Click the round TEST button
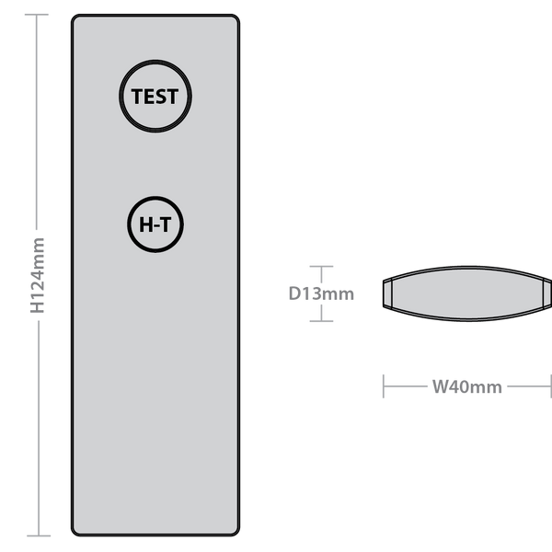pyautogui.click(x=155, y=96)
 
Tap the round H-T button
pyautogui.click(x=155, y=224)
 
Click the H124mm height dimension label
pyautogui.click(x=38, y=275)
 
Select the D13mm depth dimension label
pyautogui.click(x=321, y=293)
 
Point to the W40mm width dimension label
pyautogui.click(x=466, y=386)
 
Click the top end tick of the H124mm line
pyautogui.click(x=37, y=15)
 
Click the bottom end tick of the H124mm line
pyautogui.click(x=39, y=535)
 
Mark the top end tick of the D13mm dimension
pyautogui.click(x=321, y=267)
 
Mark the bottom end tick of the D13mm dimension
pyautogui.click(x=321, y=321)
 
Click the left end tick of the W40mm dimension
pyautogui.click(x=384, y=386)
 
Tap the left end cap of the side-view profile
pyautogui.click(x=387, y=293)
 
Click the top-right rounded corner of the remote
pyautogui.click(x=236, y=19)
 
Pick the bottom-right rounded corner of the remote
pyautogui.click(x=236, y=531)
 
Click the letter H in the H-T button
pyautogui.click(x=145, y=224)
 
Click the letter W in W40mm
pyautogui.click(x=441, y=386)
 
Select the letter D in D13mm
pyautogui.click(x=294, y=293)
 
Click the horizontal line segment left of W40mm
pyautogui.click(x=405, y=386)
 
